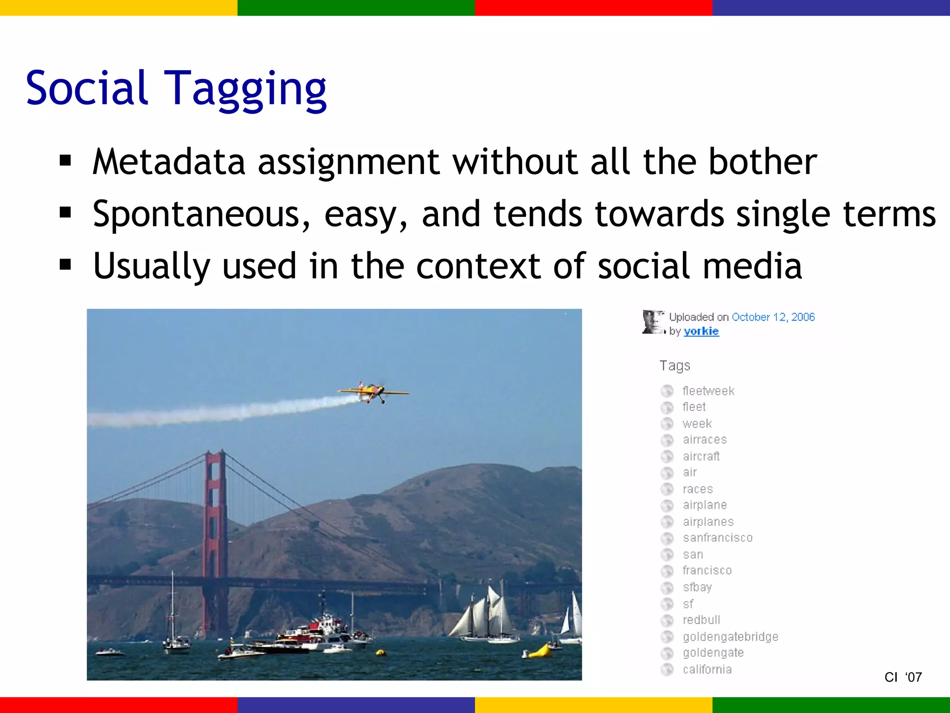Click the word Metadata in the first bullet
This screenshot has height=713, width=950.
tap(169, 162)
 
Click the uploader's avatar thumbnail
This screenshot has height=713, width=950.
tap(653, 322)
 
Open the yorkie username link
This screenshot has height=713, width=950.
tap(701, 331)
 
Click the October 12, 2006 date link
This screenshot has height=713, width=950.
tap(773, 317)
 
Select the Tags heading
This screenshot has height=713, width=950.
tap(675, 366)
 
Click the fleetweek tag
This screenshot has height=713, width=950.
tap(708, 391)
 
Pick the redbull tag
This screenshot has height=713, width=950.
tap(701, 620)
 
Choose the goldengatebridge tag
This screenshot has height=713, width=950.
tap(730, 636)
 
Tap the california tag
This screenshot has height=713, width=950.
tap(707, 669)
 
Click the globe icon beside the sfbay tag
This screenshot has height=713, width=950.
tap(667, 588)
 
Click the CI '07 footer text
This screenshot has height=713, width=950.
tap(903, 677)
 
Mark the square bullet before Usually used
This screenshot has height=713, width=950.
tap(65, 265)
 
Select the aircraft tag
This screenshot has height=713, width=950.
tap(701, 456)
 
